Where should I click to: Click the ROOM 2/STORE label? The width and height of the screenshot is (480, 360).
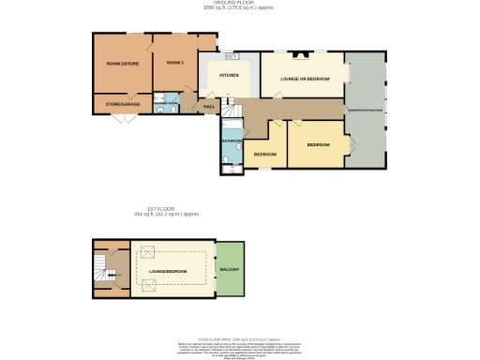(122, 63)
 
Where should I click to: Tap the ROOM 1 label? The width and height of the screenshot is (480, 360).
(174, 62)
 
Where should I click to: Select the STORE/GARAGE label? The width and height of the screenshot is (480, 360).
(122, 105)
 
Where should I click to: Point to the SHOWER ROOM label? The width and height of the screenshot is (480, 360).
(170, 100)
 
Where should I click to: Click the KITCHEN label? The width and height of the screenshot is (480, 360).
(229, 75)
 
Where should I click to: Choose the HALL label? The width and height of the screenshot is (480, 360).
(209, 106)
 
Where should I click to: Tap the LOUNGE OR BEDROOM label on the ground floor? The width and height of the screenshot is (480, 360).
(301, 79)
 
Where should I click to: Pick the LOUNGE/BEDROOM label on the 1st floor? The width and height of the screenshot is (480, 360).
(168, 271)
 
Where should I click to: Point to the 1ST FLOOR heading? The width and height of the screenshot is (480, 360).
(166, 209)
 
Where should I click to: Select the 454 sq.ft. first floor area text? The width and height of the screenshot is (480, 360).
(166, 215)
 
